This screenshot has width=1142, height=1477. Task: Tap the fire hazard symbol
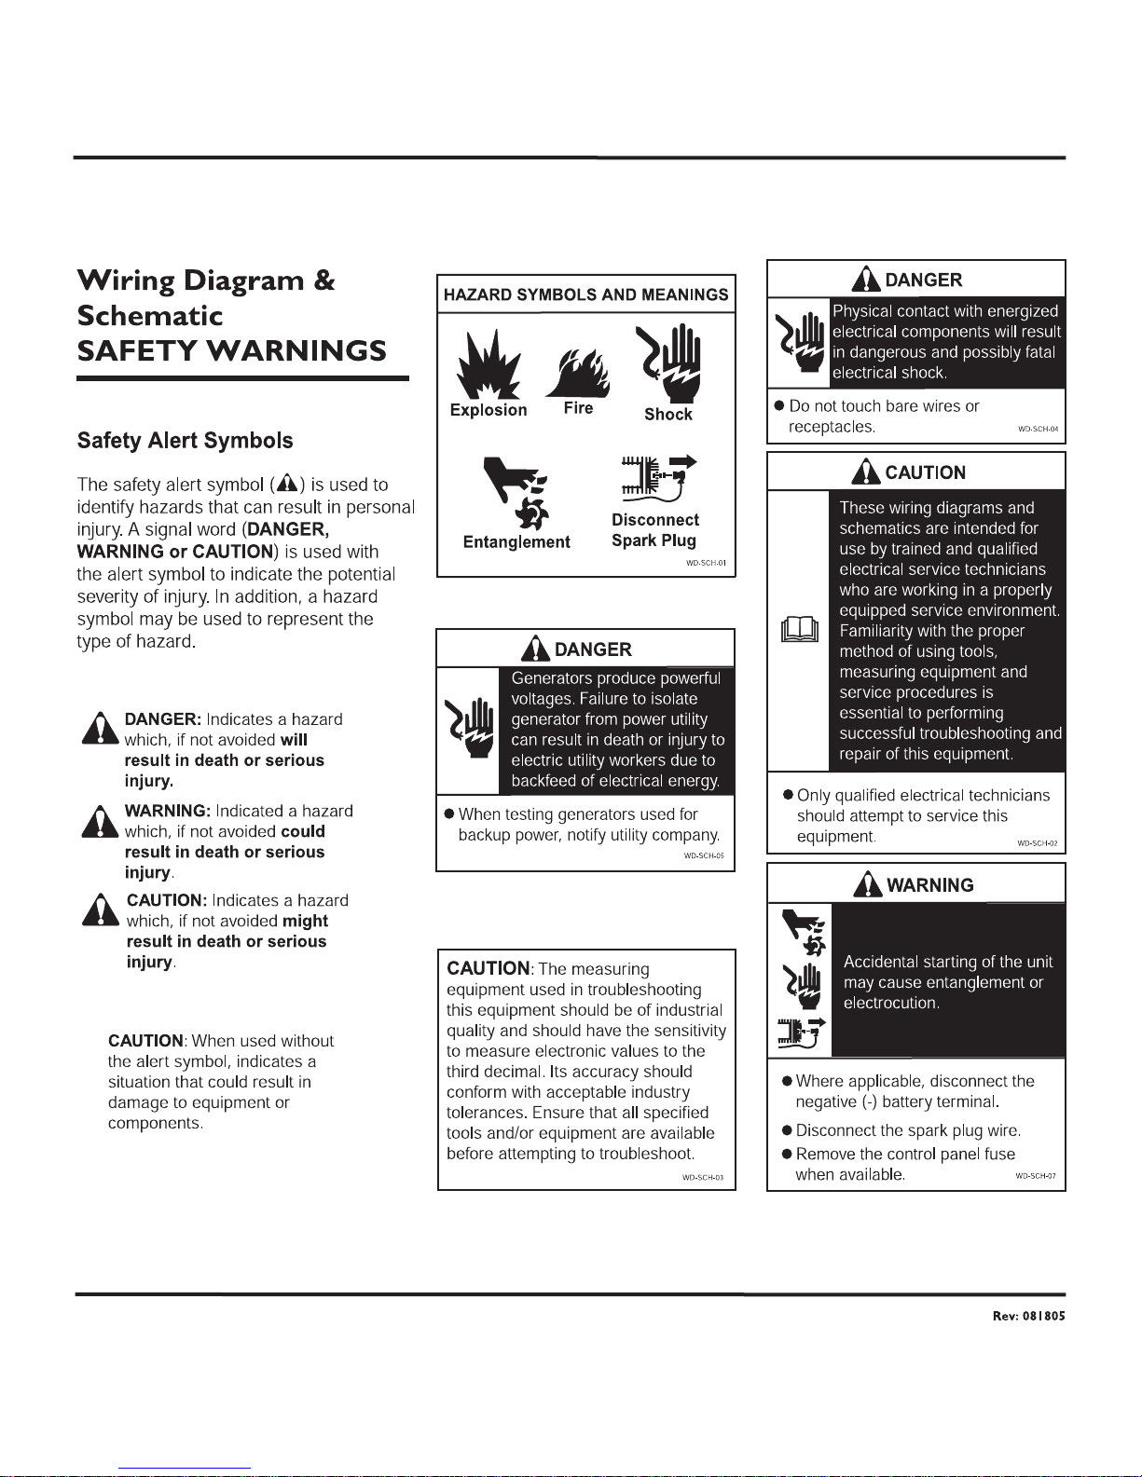click(579, 371)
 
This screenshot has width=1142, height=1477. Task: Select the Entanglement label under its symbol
click(516, 542)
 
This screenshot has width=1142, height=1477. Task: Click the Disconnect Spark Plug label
click(654, 530)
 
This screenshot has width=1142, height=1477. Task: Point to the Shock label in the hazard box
click(668, 415)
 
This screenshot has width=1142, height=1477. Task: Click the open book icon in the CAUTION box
click(799, 630)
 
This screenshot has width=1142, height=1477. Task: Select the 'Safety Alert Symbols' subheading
click(185, 441)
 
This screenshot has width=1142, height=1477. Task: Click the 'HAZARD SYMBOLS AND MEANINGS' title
click(585, 294)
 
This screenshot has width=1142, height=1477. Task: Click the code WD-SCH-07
click(1035, 1176)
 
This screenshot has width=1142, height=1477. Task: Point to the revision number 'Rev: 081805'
click(1028, 1317)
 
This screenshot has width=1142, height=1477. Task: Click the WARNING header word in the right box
click(929, 885)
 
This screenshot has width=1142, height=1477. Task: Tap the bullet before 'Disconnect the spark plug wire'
click(788, 1130)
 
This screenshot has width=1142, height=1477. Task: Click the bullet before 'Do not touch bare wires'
click(779, 406)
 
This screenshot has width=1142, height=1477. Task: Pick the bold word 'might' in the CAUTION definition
click(305, 921)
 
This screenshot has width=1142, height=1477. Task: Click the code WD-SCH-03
click(703, 1178)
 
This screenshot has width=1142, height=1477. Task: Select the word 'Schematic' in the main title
click(150, 316)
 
